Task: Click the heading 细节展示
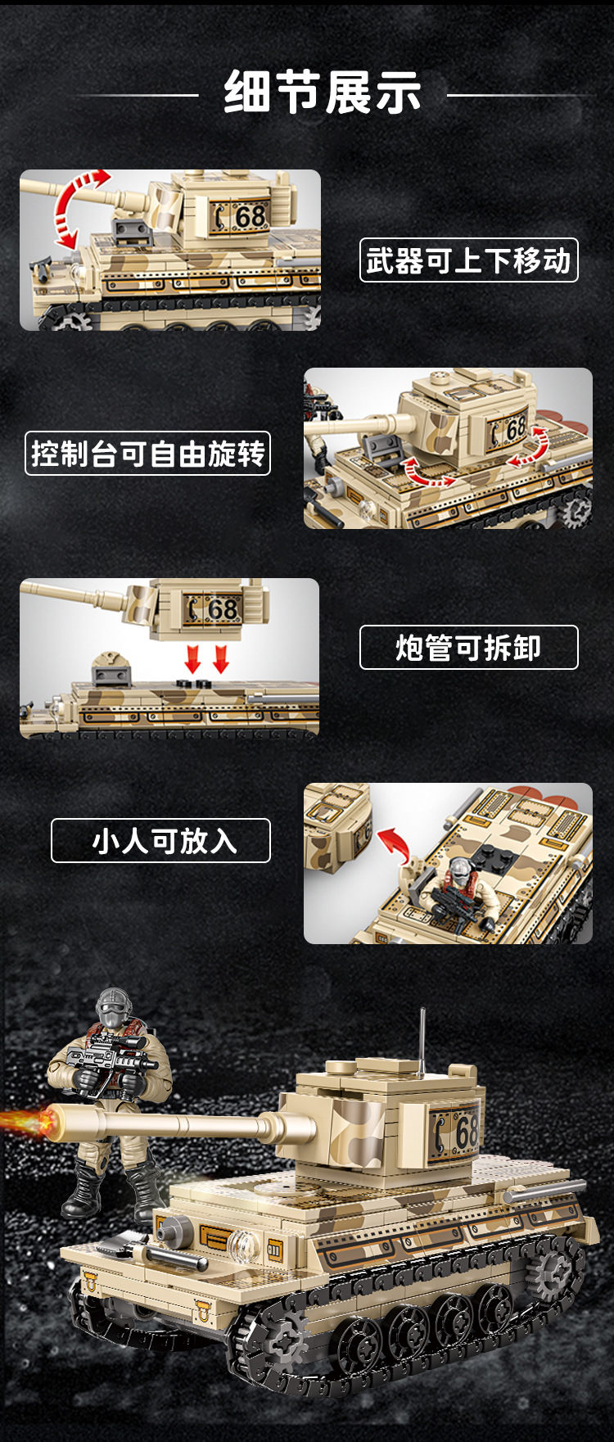(323, 92)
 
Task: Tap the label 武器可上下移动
(468, 260)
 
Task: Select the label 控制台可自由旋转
(147, 454)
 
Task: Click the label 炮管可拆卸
(468, 648)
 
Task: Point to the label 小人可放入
(160, 841)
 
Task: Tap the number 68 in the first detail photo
(250, 217)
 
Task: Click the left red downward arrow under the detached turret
(193, 658)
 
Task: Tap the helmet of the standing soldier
(114, 1006)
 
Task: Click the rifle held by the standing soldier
(111, 1060)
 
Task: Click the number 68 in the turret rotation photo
(515, 428)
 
